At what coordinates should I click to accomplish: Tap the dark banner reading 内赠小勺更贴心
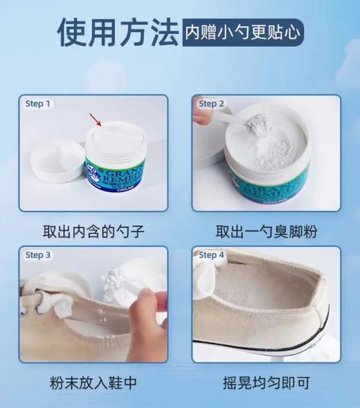tap(242, 33)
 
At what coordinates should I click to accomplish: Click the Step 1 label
tap(38, 104)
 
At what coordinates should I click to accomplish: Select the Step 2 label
tap(212, 104)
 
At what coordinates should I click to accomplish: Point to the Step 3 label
tap(38, 255)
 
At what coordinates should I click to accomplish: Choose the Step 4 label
tap(212, 255)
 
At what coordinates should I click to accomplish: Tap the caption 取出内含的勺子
tap(93, 231)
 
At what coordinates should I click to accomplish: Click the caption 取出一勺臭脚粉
tap(267, 231)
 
